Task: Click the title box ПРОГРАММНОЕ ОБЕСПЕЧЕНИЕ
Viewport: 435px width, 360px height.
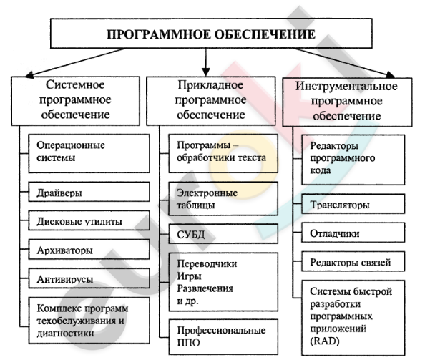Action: click(210, 33)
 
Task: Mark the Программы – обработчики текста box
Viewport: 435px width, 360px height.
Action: click(221, 151)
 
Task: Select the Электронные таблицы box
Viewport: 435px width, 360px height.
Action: click(221, 198)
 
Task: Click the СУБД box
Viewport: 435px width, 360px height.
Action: click(221, 234)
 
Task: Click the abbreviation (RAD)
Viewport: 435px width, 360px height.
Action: click(325, 341)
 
